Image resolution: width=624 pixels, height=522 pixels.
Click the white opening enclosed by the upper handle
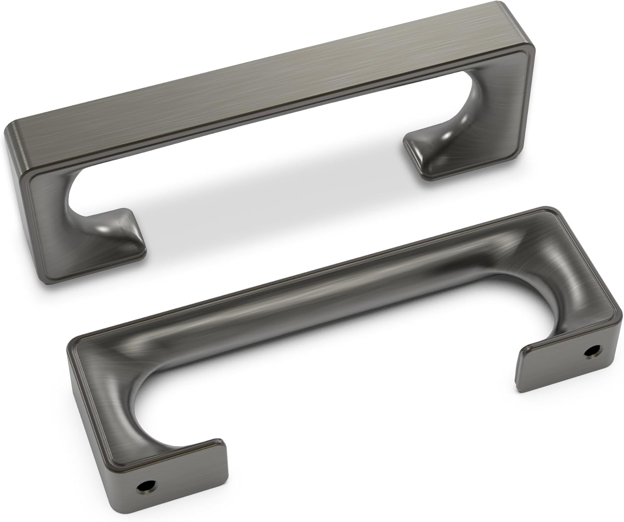[250, 175]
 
